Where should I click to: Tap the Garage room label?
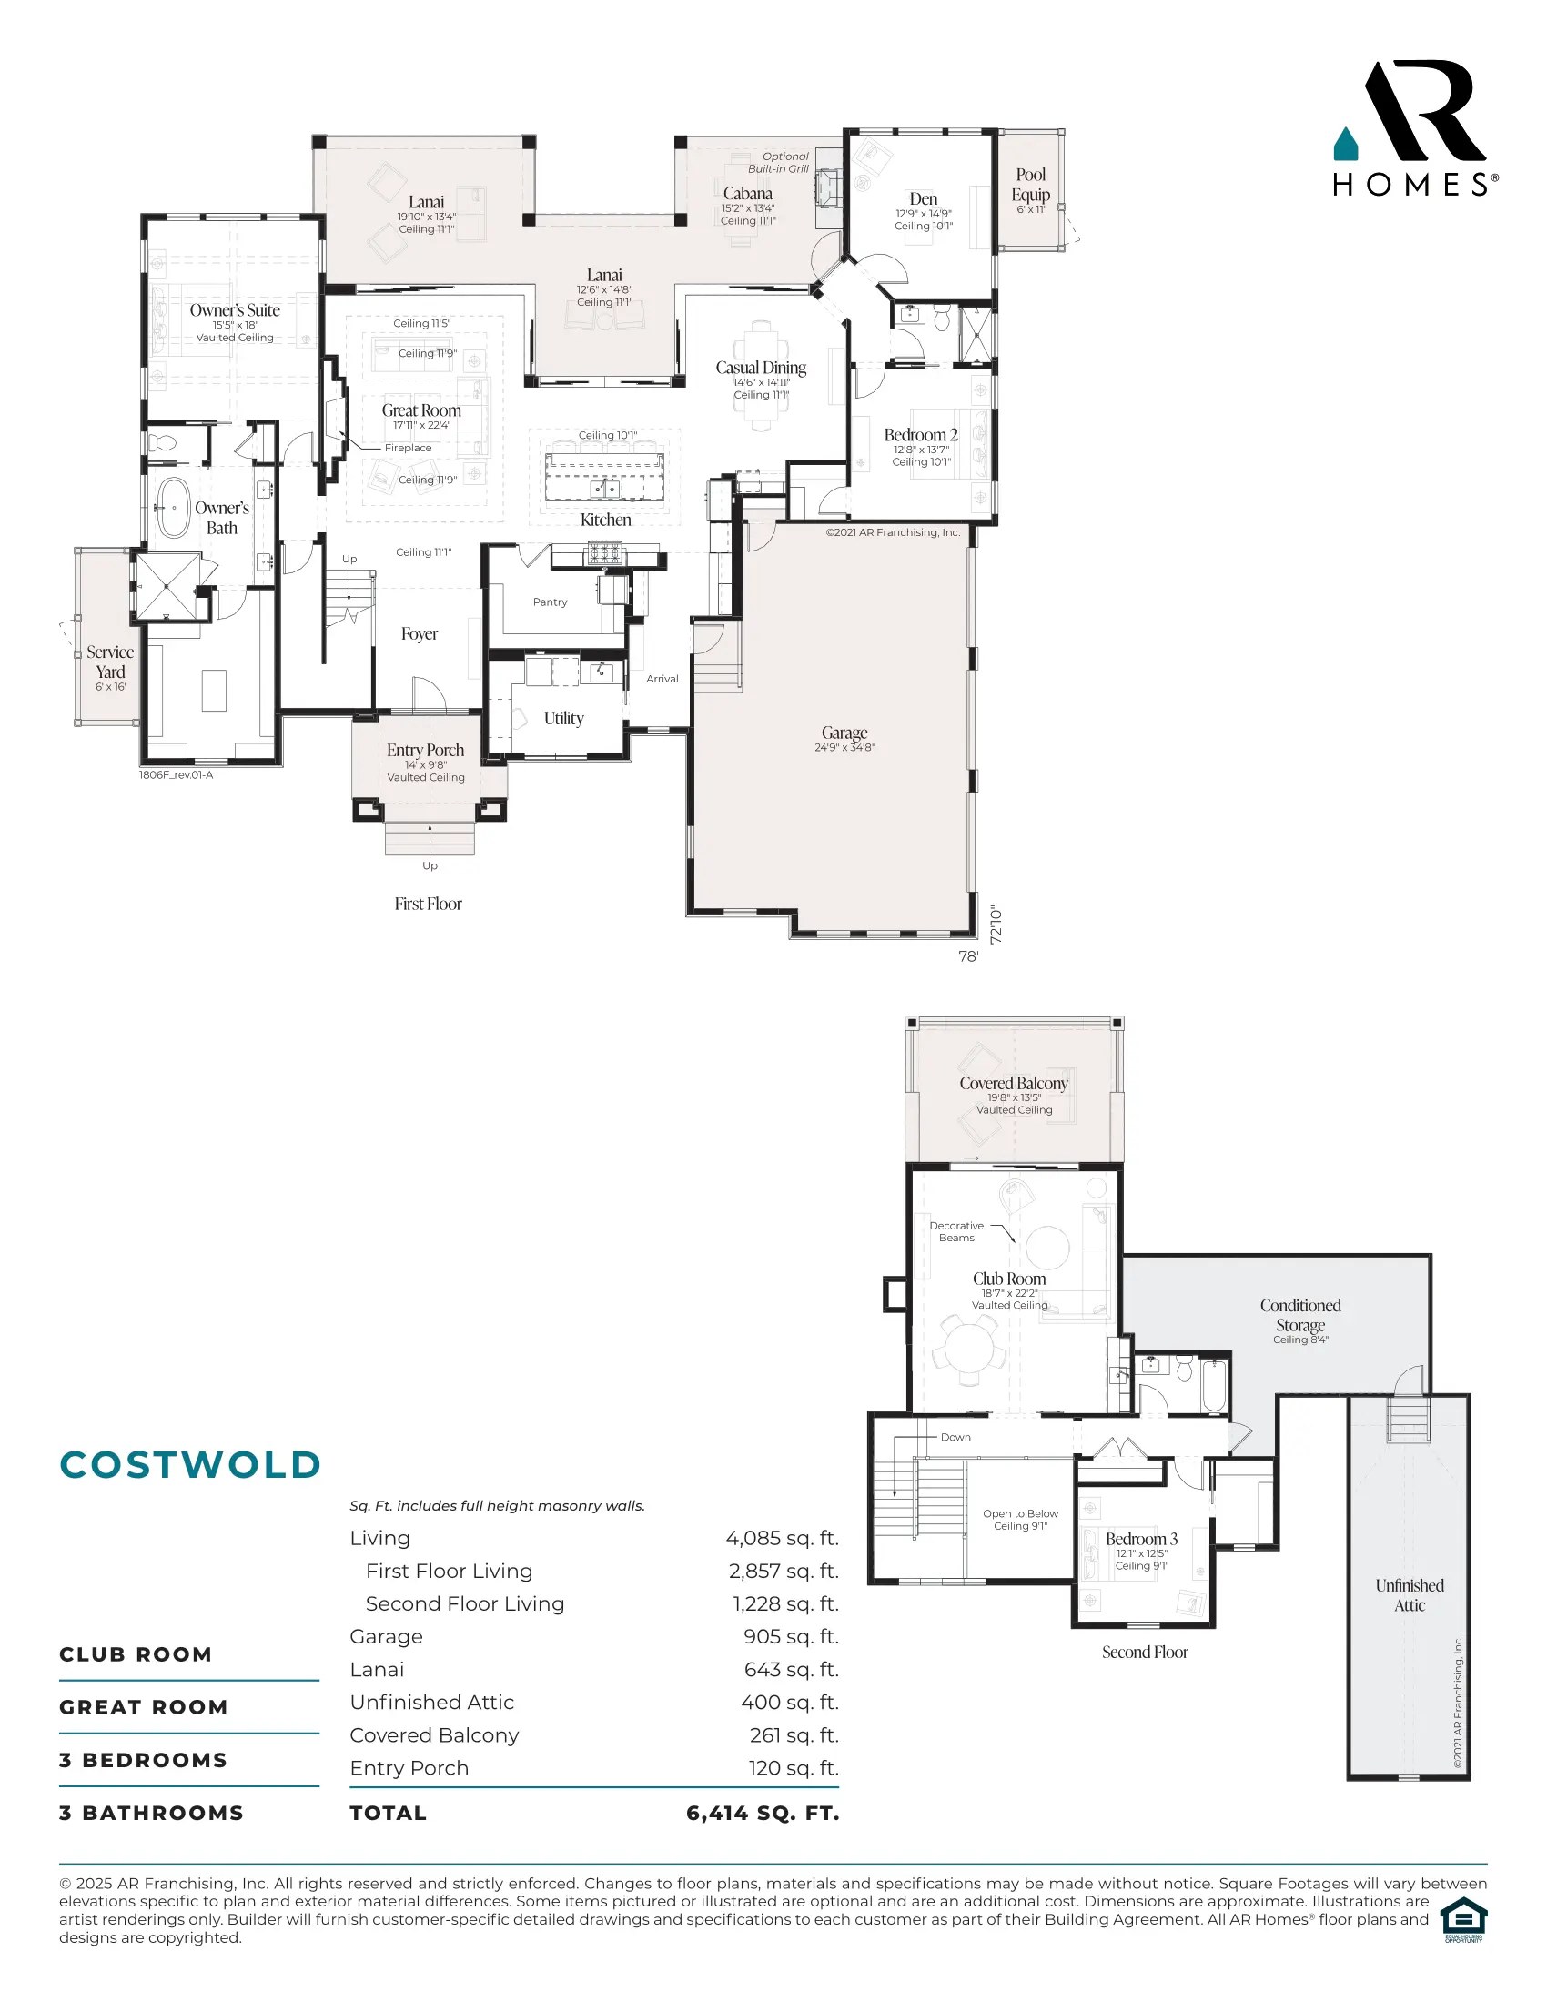[844, 733]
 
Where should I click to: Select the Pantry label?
[550, 602]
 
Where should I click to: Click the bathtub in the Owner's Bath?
[172, 506]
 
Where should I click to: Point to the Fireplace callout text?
[408, 449]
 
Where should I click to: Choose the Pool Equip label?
[1031, 184]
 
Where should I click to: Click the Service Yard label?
[110, 662]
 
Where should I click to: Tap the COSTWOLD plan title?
[189, 1465]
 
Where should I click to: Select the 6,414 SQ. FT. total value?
[763, 1813]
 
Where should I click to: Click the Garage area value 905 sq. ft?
[791, 1636]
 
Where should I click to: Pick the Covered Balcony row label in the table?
[434, 1735]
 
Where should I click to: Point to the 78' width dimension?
[968, 956]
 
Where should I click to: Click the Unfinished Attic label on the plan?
[1410, 1595]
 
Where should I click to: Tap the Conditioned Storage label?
[1300, 1315]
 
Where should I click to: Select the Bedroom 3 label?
[1141, 1539]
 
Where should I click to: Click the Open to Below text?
[1020, 1513]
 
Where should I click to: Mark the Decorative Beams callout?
[956, 1231]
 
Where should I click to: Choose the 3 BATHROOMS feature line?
[151, 1813]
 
